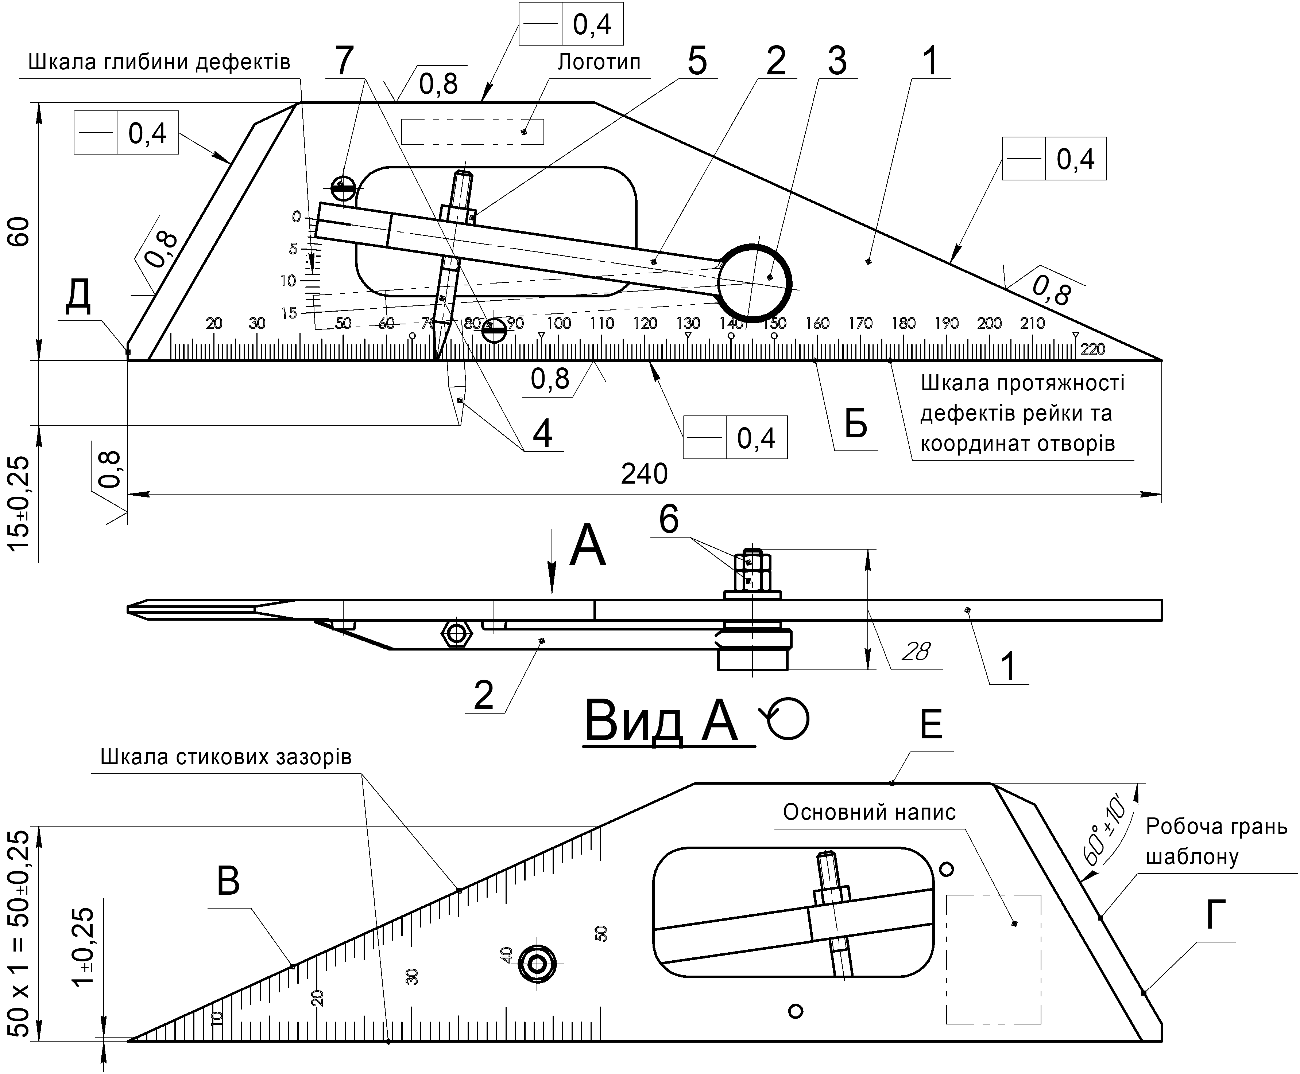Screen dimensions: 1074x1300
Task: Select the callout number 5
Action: point(697,62)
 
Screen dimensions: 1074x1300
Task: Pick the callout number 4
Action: point(542,434)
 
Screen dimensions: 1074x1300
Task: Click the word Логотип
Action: point(599,62)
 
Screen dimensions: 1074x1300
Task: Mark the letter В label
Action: point(228,882)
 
